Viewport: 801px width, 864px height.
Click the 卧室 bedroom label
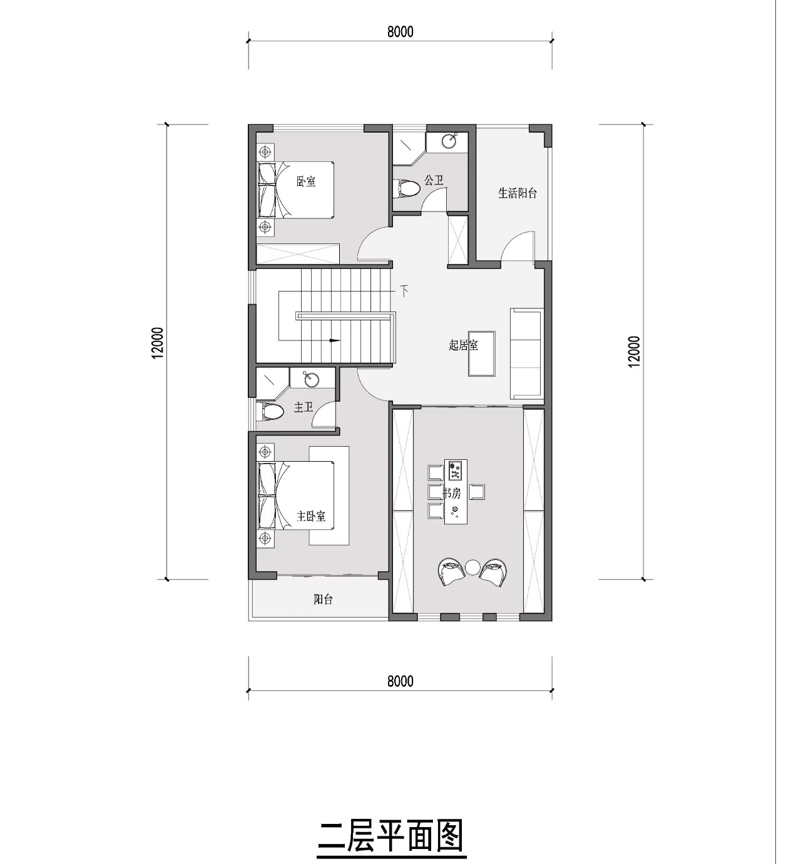click(x=306, y=181)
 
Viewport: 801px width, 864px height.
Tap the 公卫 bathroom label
click(x=434, y=180)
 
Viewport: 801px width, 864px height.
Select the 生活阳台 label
click(x=518, y=193)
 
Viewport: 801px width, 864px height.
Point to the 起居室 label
click(x=464, y=345)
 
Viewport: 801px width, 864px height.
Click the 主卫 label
click(x=304, y=408)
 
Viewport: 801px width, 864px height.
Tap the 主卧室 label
click(x=311, y=516)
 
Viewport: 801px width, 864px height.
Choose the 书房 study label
click(x=451, y=494)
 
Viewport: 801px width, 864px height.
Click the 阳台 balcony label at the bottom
click(x=324, y=599)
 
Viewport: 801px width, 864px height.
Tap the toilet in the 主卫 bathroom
click(x=270, y=412)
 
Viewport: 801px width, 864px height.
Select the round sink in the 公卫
click(x=450, y=141)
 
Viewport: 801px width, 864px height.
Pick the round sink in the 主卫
click(x=312, y=379)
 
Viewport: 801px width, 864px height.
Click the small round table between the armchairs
click(x=472, y=567)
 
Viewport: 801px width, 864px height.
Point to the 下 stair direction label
click(x=404, y=290)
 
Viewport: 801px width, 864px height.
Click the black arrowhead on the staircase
click(x=334, y=340)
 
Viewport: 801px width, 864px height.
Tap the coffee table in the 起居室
click(x=481, y=353)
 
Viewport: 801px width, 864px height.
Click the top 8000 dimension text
click(x=400, y=32)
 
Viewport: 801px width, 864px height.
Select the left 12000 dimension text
click(x=158, y=343)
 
